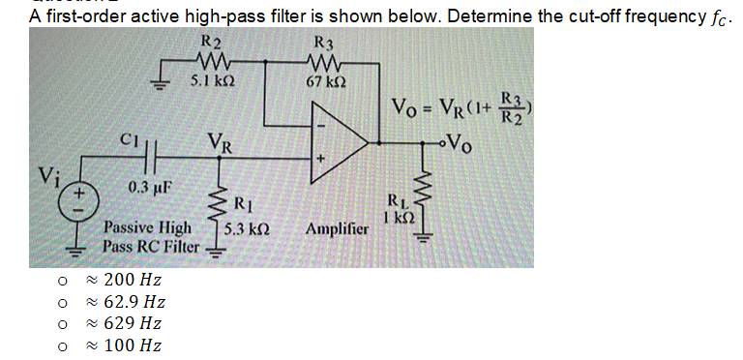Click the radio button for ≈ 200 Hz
tap(61, 282)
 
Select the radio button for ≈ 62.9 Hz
tap(61, 303)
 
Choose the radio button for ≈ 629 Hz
tap(61, 324)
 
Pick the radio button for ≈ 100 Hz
tap(61, 345)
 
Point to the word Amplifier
tap(337, 230)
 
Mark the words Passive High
tap(147, 229)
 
